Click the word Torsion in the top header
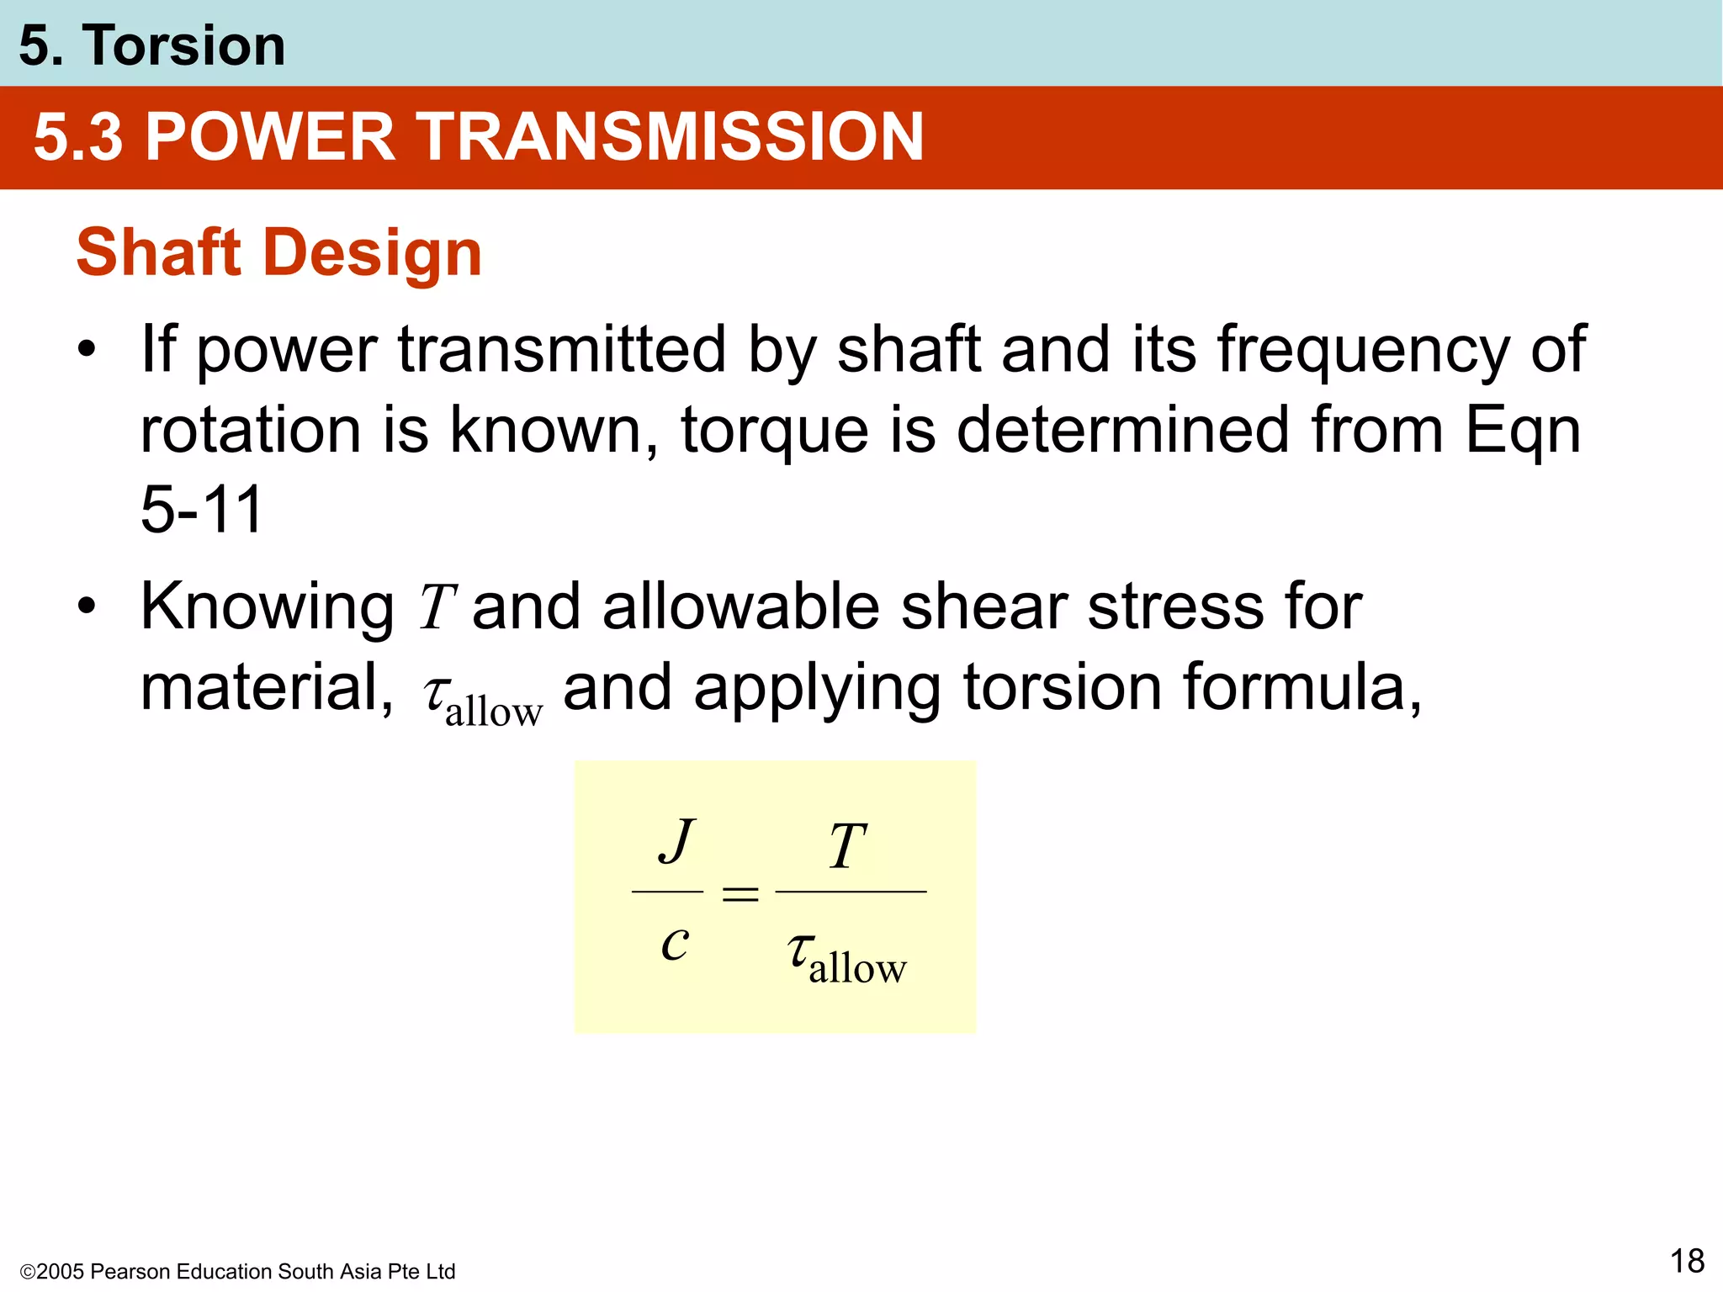(x=183, y=45)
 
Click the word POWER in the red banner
(x=270, y=137)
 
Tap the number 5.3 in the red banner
(x=78, y=137)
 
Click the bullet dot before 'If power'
(x=87, y=349)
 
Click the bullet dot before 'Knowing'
(x=87, y=606)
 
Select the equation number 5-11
(x=202, y=510)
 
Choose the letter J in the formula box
(x=676, y=841)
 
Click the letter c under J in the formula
(x=675, y=943)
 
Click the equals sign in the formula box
(x=740, y=894)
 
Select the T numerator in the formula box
(x=847, y=846)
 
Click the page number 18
(x=1686, y=1261)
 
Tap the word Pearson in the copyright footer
(x=130, y=1272)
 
